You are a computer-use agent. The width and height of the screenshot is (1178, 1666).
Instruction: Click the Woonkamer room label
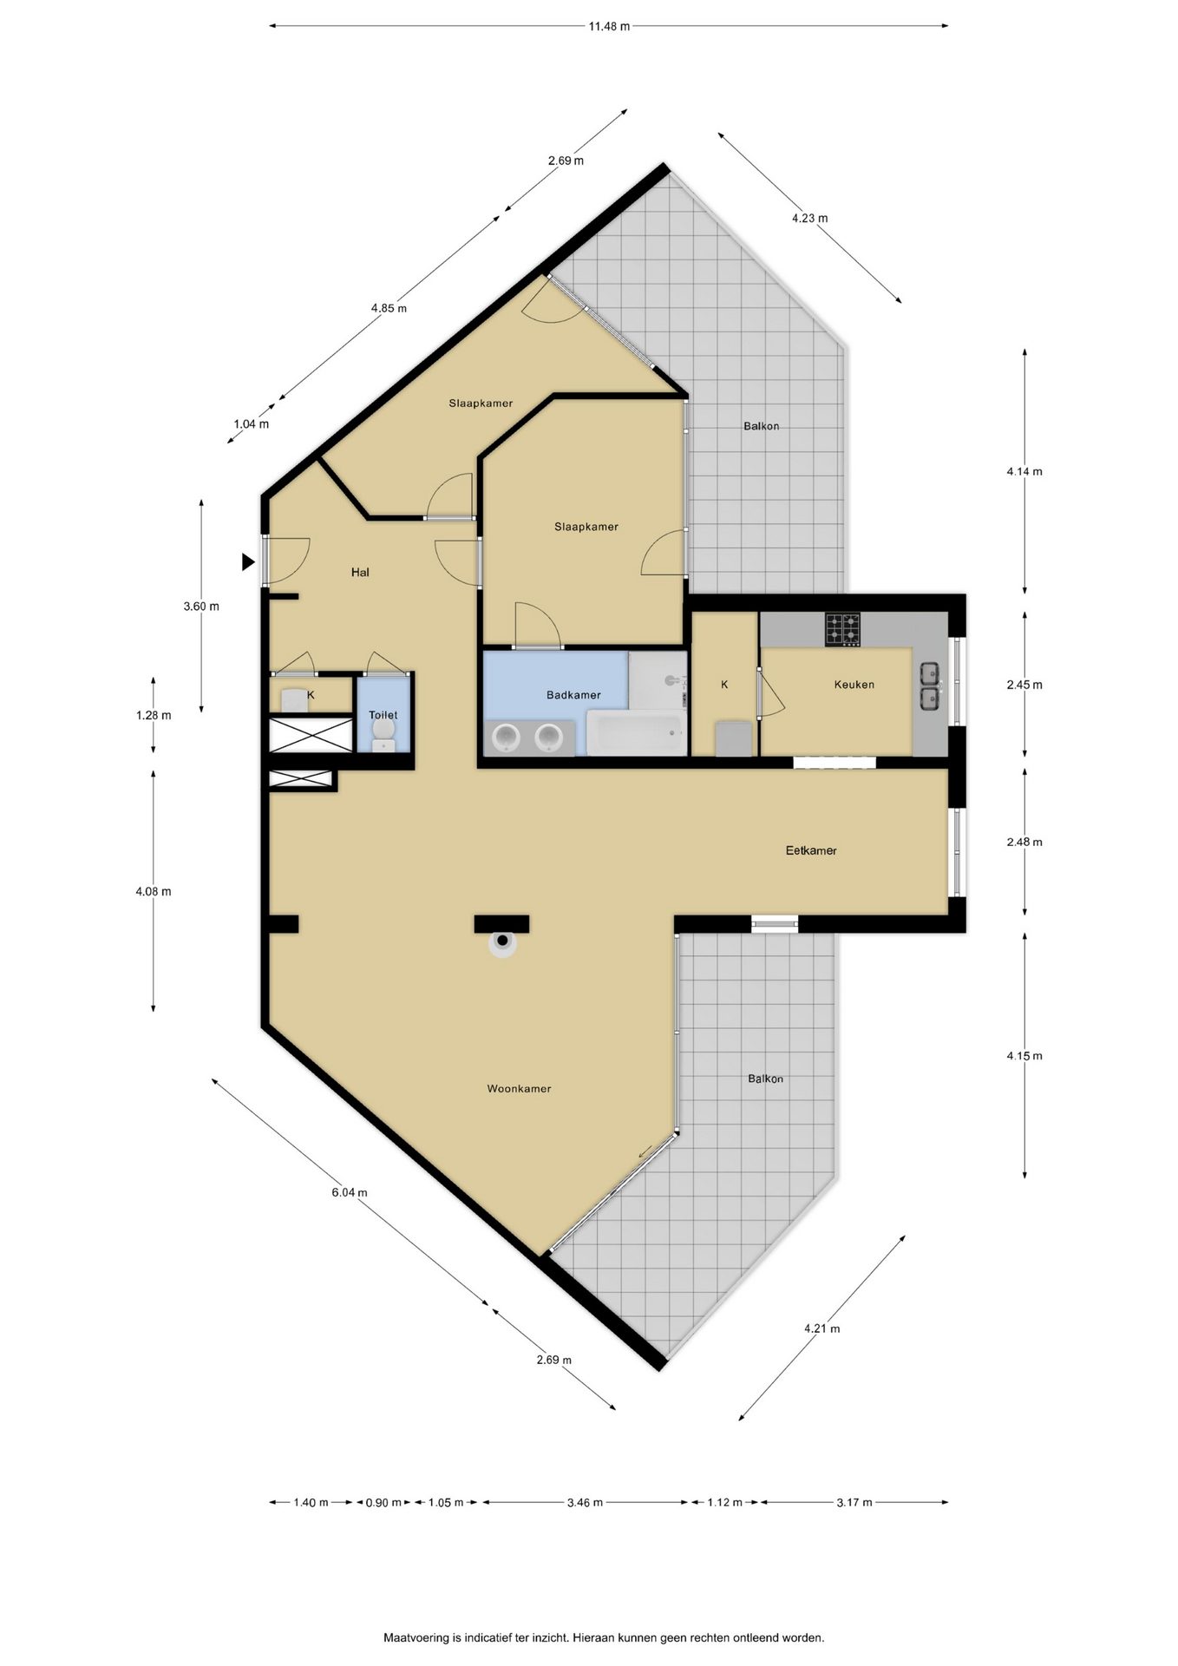click(x=519, y=1089)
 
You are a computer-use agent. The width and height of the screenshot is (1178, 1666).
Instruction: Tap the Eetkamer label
click(x=811, y=851)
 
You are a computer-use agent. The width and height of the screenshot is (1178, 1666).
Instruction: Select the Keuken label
click(x=854, y=685)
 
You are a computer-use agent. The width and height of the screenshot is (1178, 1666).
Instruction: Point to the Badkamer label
click(x=573, y=695)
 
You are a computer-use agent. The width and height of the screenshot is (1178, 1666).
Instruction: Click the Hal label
click(x=360, y=573)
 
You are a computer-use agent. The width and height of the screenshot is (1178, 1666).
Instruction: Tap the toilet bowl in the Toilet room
click(x=383, y=738)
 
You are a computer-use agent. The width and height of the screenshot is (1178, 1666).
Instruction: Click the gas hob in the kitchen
click(x=843, y=629)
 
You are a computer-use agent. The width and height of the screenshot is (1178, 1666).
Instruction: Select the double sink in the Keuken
click(x=931, y=685)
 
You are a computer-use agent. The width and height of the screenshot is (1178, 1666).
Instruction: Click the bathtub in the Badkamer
click(x=636, y=733)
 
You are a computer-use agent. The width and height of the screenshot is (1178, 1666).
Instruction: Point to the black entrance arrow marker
click(x=248, y=562)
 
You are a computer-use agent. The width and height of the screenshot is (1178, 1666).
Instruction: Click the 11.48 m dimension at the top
click(x=609, y=26)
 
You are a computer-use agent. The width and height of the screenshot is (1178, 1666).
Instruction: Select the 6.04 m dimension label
click(x=349, y=1192)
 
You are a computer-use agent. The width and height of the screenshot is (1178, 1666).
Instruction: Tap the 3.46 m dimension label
click(x=585, y=1503)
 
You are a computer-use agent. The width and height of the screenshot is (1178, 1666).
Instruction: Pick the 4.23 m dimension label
click(x=809, y=219)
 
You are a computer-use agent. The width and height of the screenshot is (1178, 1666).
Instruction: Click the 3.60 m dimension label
click(x=201, y=607)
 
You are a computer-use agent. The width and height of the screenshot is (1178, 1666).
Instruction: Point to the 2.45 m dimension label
click(x=1024, y=685)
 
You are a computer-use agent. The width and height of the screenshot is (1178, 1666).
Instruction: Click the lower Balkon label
click(x=765, y=1079)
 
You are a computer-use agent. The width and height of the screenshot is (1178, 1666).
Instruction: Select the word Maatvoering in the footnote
click(x=417, y=1638)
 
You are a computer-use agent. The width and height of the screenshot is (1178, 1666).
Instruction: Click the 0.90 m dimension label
click(x=383, y=1503)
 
